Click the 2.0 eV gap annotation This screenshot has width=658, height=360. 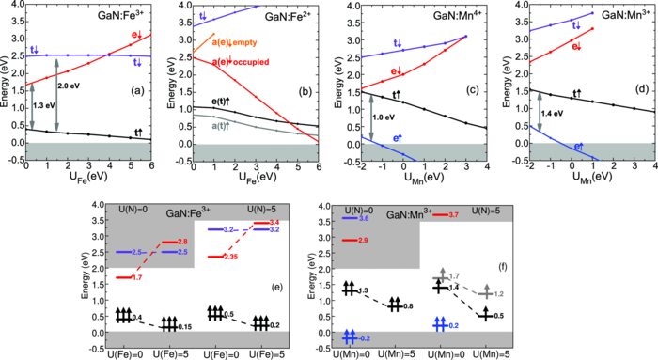pyautogui.click(x=71, y=86)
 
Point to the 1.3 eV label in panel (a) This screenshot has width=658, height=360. pyautogui.click(x=43, y=107)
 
